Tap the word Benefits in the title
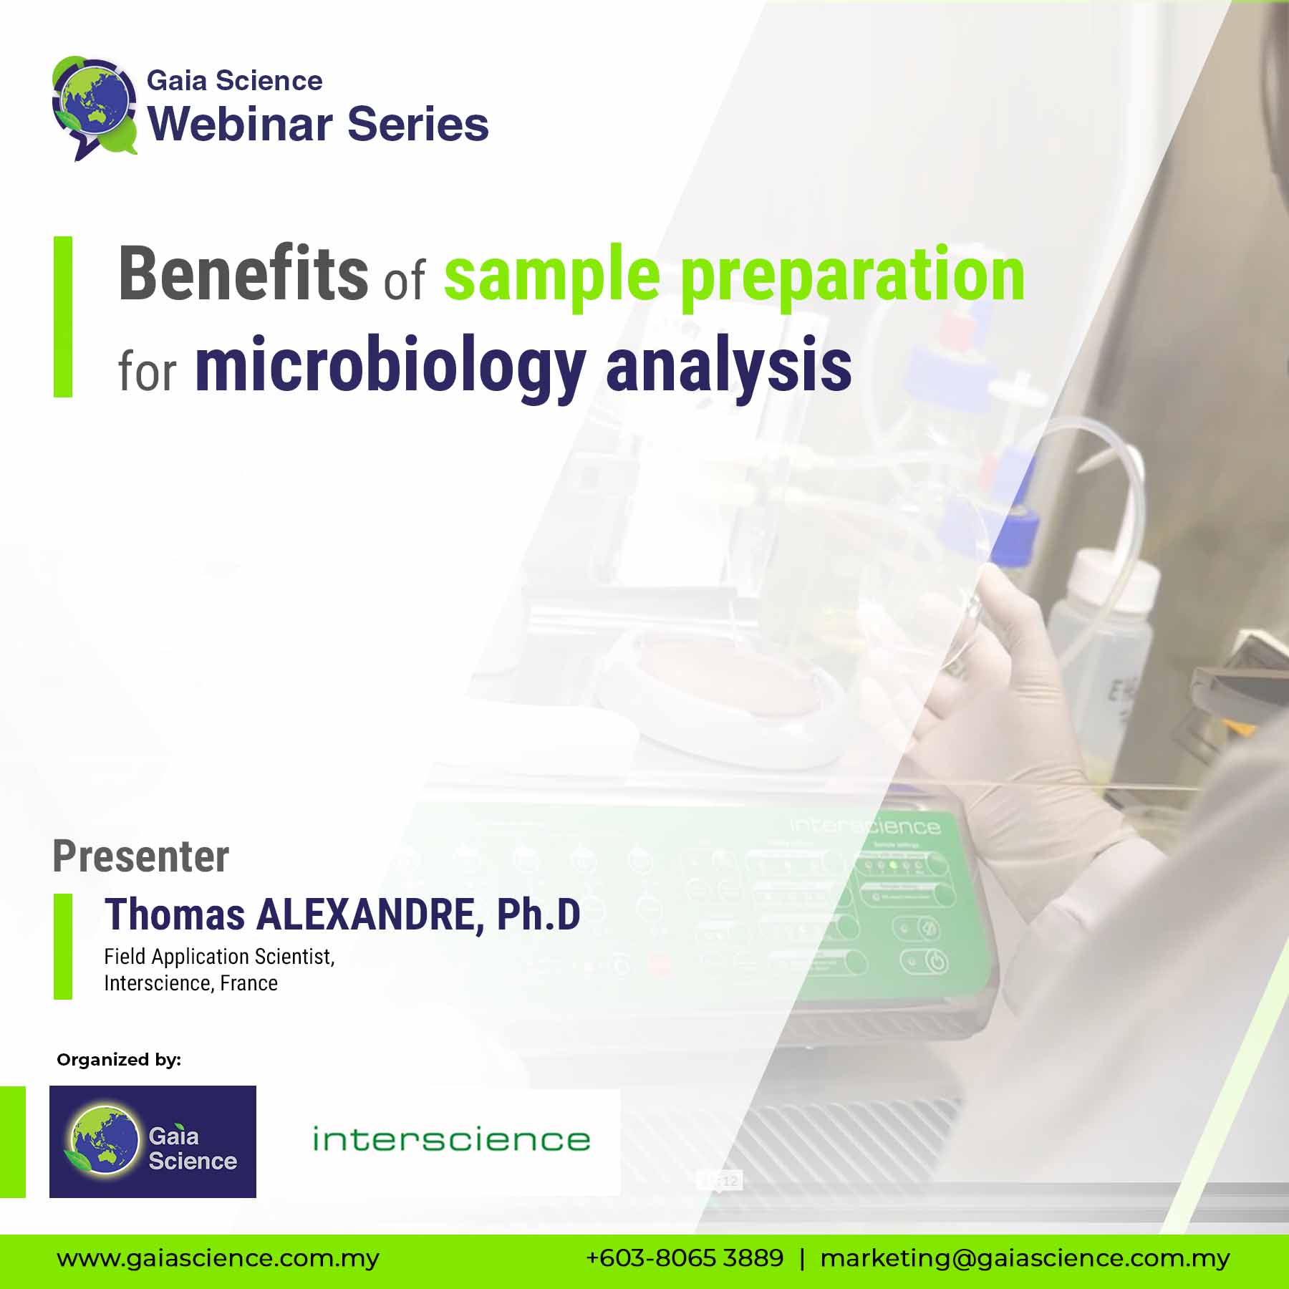(x=243, y=274)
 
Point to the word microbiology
(x=390, y=367)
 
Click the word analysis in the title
(x=728, y=367)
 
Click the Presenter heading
(x=141, y=856)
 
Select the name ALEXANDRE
(x=365, y=915)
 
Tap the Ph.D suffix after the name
(x=538, y=915)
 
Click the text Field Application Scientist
(x=219, y=957)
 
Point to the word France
(x=248, y=983)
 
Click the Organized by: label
(x=119, y=1060)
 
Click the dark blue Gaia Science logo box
(x=153, y=1141)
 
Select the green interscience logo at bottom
(x=451, y=1139)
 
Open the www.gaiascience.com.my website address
(x=218, y=1258)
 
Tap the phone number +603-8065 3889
(x=685, y=1258)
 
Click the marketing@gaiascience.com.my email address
(x=1025, y=1258)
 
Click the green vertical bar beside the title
(x=63, y=317)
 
